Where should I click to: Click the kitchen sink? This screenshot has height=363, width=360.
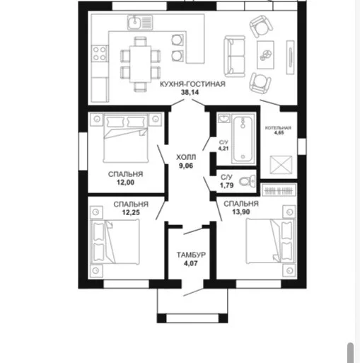(x=140, y=22)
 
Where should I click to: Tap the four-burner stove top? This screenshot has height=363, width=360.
(x=100, y=53)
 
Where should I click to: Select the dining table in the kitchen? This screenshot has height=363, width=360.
(x=140, y=64)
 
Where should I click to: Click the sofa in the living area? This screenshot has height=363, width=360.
(x=235, y=56)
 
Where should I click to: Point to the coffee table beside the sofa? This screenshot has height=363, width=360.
(x=265, y=54)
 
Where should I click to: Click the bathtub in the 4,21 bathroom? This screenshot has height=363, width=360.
(x=243, y=138)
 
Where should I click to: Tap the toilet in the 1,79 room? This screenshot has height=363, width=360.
(x=248, y=181)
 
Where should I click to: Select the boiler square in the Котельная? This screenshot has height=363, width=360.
(x=281, y=165)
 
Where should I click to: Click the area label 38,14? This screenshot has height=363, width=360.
(x=190, y=93)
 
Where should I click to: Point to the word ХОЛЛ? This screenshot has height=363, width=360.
(x=186, y=157)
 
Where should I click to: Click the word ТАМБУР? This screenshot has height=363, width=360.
(x=191, y=255)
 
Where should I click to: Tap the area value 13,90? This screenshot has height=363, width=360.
(x=241, y=212)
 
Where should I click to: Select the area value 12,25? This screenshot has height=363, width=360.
(x=131, y=212)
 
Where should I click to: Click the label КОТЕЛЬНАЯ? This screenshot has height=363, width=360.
(x=278, y=128)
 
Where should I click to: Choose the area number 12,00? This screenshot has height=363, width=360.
(x=125, y=183)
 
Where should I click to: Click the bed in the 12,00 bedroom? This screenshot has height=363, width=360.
(x=126, y=139)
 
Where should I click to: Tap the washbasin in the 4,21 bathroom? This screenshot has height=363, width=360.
(x=224, y=118)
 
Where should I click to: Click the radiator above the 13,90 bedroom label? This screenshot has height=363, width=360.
(x=279, y=190)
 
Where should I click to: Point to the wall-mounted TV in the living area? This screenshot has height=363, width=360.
(x=290, y=57)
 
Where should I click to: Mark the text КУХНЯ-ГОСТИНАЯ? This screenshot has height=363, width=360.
(x=192, y=84)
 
